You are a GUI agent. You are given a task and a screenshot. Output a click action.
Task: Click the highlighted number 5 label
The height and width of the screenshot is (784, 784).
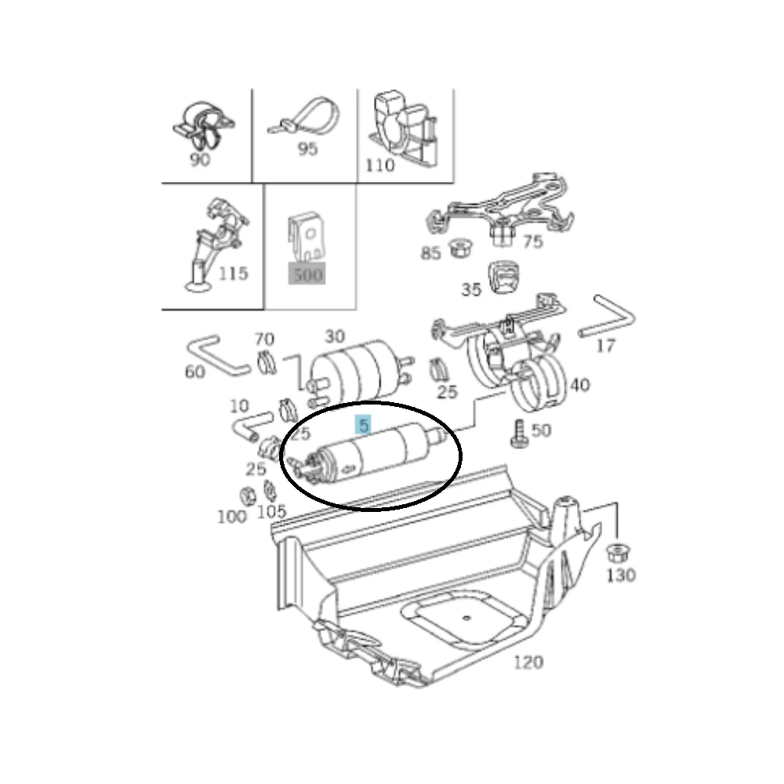pos(364,425)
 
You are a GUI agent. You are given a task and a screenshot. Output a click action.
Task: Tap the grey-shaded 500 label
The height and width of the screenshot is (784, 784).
pos(307,274)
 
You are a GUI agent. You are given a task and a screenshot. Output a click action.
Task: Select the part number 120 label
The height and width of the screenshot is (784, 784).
pos(528,662)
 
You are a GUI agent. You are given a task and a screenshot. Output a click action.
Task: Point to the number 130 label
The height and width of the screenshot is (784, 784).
pos(621,575)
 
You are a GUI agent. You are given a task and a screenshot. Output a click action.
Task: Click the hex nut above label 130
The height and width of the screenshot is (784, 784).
pos(618,554)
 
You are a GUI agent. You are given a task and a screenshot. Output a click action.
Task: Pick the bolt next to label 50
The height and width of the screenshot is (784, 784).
pos(518,434)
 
